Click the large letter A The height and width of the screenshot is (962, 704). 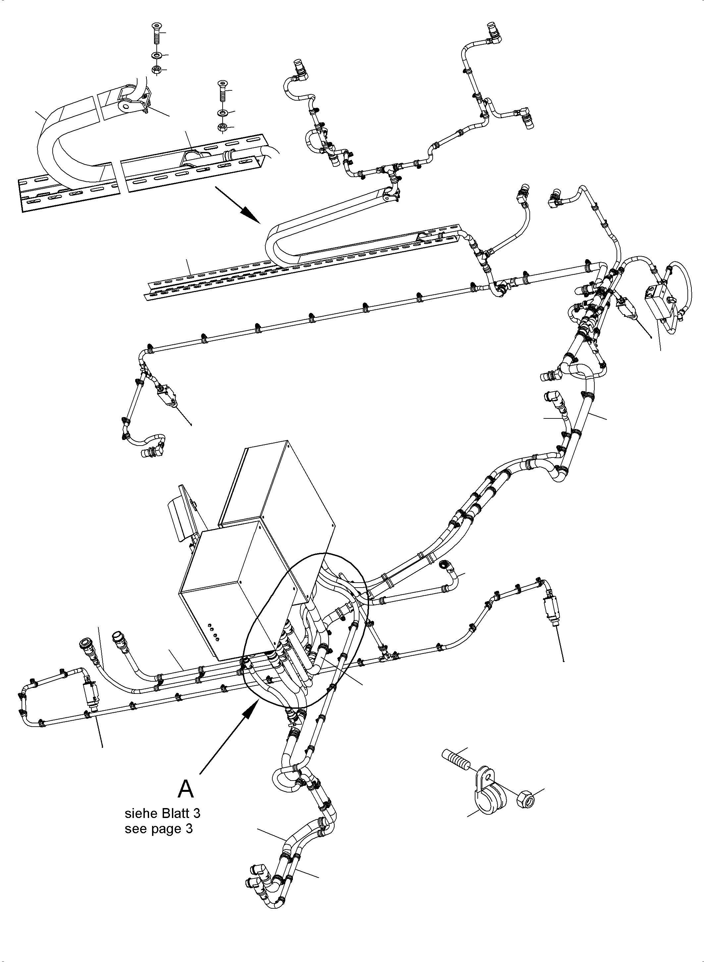click(186, 789)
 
